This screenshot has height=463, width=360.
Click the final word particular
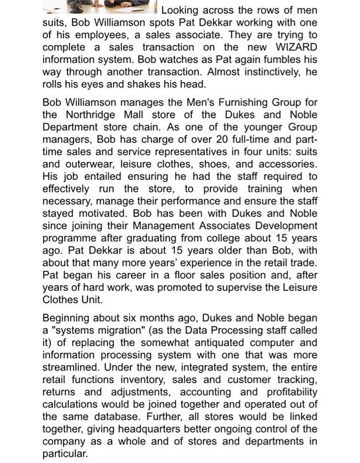(x=65, y=454)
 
